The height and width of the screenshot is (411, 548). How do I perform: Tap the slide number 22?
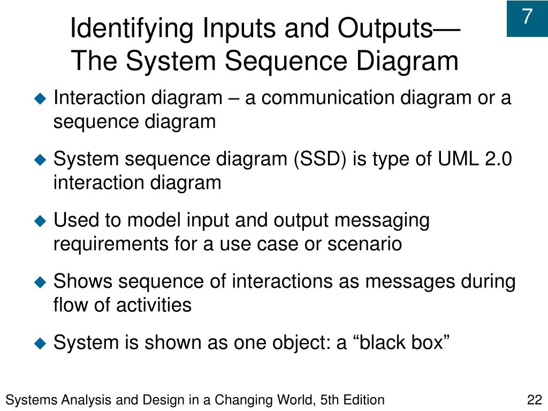pyautogui.click(x=535, y=400)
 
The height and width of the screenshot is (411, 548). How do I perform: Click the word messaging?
pyautogui.click(x=377, y=220)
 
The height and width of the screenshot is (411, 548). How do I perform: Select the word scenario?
pyautogui.click(x=364, y=244)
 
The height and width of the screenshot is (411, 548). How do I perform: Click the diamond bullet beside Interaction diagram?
pyautogui.click(x=40, y=99)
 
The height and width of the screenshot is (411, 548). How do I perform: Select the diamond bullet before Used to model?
pyautogui.click(x=40, y=221)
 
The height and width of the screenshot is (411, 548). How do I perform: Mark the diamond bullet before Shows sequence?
pyautogui.click(x=40, y=282)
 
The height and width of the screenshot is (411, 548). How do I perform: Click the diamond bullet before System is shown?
pyautogui.click(x=40, y=343)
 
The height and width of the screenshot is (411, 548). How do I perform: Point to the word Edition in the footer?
pyautogui.click(x=364, y=400)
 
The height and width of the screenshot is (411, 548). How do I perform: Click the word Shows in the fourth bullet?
pyautogui.click(x=82, y=281)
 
